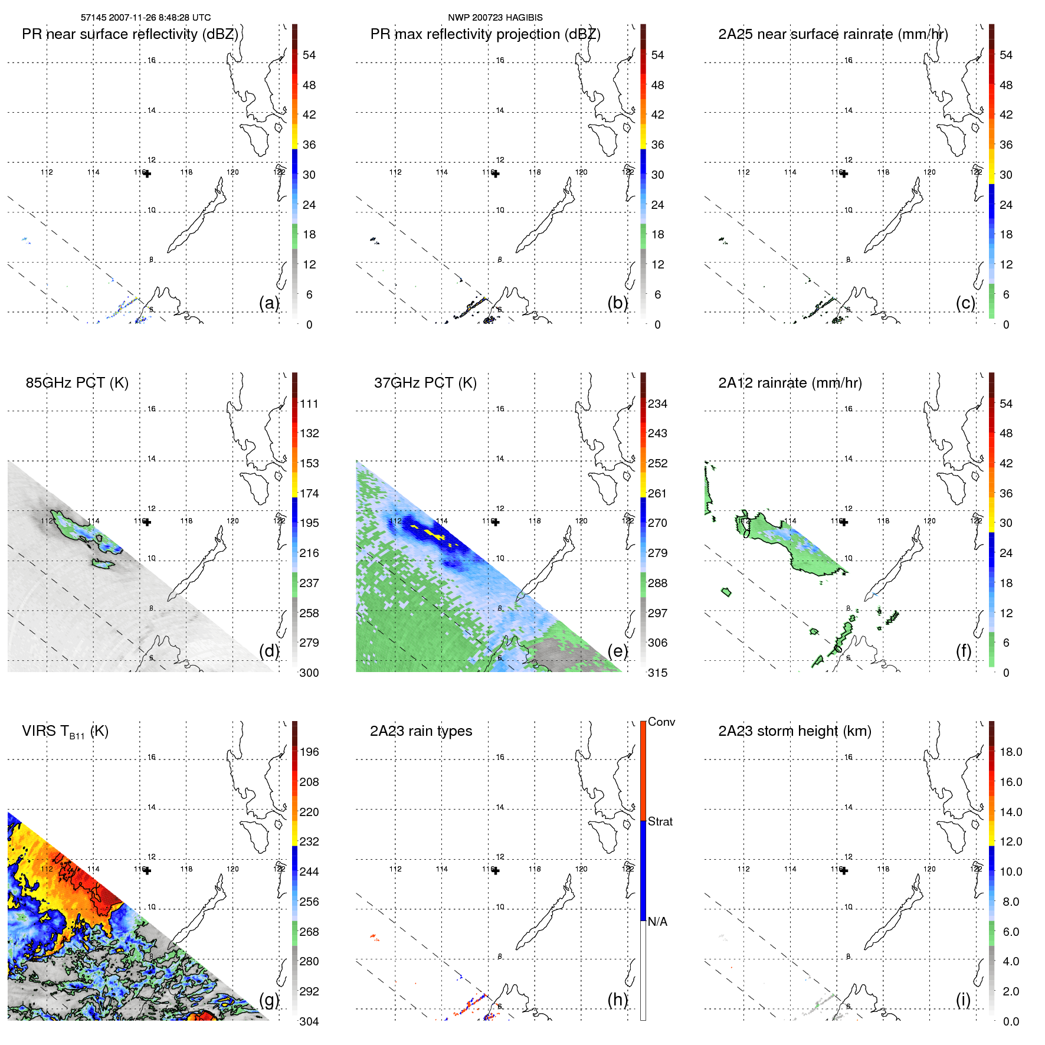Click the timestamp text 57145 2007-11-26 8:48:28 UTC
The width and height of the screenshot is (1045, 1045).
pyautogui.click(x=146, y=18)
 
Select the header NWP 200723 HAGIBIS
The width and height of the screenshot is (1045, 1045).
pyautogui.click(x=495, y=18)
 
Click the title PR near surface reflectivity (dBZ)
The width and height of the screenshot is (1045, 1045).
pyautogui.click(x=130, y=34)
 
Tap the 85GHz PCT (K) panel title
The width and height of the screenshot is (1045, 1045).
pyautogui.click(x=77, y=383)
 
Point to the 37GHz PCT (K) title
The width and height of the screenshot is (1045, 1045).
pyautogui.click(x=425, y=383)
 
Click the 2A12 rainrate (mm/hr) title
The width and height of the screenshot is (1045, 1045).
pyautogui.click(x=790, y=383)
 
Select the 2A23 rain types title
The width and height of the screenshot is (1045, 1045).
pyautogui.click(x=421, y=731)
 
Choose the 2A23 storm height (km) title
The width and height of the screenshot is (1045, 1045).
pyautogui.click(x=794, y=731)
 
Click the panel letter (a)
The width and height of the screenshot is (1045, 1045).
pyautogui.click(x=269, y=303)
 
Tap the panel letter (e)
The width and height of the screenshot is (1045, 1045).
pyautogui.click(x=617, y=651)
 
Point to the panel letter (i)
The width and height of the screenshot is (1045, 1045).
pyautogui.click(x=963, y=1000)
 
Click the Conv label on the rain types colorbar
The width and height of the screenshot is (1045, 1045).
pyautogui.click(x=661, y=722)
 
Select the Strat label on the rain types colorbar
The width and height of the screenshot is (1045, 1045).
pyautogui.click(x=660, y=821)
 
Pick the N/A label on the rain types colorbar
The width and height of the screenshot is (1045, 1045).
pyautogui.click(x=657, y=922)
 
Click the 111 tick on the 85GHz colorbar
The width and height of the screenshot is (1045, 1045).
pyautogui.click(x=309, y=404)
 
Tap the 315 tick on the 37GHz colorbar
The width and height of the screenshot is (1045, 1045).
pyautogui.click(x=657, y=673)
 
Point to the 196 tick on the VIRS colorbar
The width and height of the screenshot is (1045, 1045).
pyautogui.click(x=309, y=752)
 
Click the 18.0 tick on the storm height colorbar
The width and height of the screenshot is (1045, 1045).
pyautogui.click(x=1011, y=752)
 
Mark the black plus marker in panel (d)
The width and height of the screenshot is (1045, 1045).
pyautogui.click(x=148, y=522)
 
